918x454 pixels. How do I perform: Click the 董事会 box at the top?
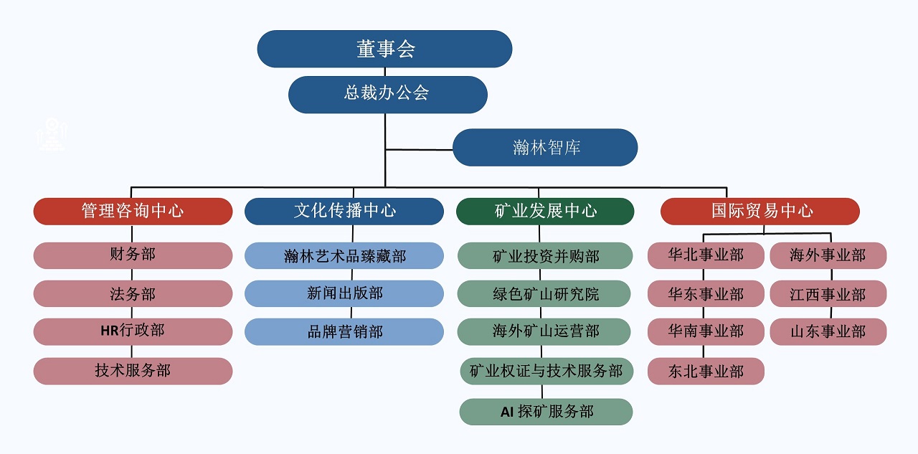[384, 49]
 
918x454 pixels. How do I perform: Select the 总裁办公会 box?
[387, 94]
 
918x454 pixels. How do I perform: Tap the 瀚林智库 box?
[545, 148]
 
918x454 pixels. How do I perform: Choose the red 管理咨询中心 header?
[133, 211]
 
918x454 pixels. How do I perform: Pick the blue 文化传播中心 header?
[344, 211]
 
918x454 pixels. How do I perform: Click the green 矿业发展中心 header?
[545, 211]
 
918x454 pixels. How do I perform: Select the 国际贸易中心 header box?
[760, 211]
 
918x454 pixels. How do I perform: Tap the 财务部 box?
[133, 255]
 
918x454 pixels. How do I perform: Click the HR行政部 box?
[133, 331]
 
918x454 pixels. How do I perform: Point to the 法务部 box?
[133, 294]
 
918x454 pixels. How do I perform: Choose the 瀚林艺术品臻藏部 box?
[344, 255]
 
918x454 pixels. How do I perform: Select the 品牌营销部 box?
[344, 331]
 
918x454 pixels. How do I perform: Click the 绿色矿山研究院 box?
[545, 294]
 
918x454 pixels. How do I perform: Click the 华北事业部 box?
[706, 255]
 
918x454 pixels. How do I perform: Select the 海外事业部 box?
[828, 255]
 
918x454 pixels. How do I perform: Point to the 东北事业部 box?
[706, 372]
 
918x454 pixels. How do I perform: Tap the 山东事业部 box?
[828, 331]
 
